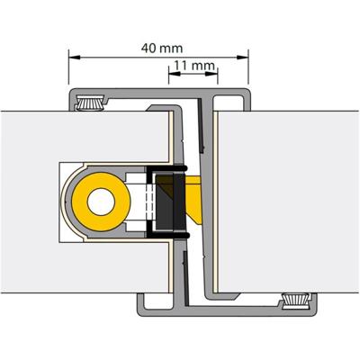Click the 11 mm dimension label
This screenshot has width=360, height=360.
193,66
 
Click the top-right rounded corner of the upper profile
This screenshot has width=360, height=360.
247,92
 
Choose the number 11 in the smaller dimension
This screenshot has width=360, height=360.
183,66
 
